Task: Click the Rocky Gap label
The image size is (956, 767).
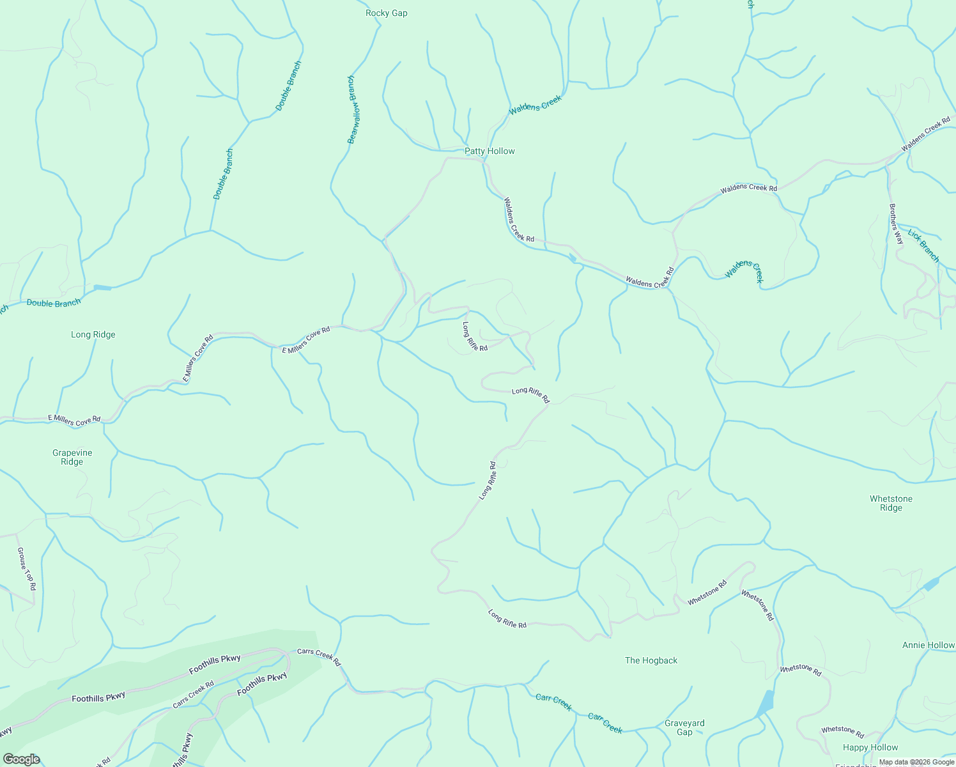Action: point(386,13)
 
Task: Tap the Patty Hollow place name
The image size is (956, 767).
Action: point(490,151)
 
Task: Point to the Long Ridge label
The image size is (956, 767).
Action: point(93,334)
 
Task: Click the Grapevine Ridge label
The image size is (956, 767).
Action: point(72,457)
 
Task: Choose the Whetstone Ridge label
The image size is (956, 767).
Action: point(891,503)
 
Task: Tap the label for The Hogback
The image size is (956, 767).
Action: point(651,660)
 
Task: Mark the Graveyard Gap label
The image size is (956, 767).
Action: point(684,727)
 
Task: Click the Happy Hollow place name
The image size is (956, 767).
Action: point(870,747)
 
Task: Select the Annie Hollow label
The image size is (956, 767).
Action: point(928,645)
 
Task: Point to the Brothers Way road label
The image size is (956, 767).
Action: point(897,224)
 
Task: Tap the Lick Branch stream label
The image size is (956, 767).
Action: point(924,246)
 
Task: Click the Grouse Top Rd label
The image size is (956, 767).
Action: point(27,568)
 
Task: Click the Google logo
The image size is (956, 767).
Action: point(22,759)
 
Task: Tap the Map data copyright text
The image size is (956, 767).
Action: point(916,762)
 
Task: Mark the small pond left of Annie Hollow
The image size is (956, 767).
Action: point(931,584)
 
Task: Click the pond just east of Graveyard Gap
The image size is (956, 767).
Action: point(765,704)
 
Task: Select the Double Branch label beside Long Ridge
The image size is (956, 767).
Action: point(54,303)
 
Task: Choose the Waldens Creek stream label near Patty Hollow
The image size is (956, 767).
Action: point(535,105)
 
